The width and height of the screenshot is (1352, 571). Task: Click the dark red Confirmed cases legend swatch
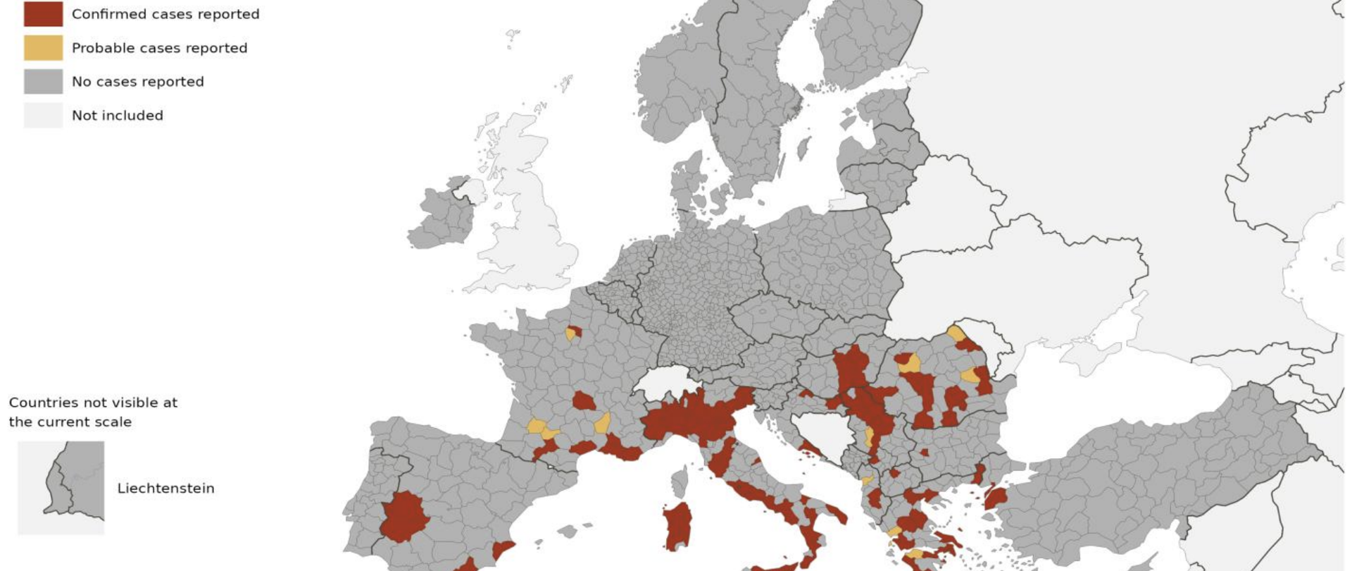tap(43, 13)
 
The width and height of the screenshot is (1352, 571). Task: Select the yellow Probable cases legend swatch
tap(43, 47)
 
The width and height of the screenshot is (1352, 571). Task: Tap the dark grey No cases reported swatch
tap(43, 81)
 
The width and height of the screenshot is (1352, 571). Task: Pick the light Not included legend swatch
tap(43, 115)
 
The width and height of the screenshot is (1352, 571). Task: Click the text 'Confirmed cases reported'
tap(165, 14)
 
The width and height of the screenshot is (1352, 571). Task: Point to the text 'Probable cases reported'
tap(159, 48)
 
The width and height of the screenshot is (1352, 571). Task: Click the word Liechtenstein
tap(165, 489)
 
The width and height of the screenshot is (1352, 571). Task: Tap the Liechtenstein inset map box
tap(61, 488)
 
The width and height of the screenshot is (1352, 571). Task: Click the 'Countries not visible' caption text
tap(93, 412)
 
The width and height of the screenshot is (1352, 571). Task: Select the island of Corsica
tap(680, 483)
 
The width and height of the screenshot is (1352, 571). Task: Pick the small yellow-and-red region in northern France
tap(573, 333)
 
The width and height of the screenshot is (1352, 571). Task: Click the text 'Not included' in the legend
tap(118, 116)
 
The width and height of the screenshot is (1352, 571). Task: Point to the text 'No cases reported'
tap(138, 82)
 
